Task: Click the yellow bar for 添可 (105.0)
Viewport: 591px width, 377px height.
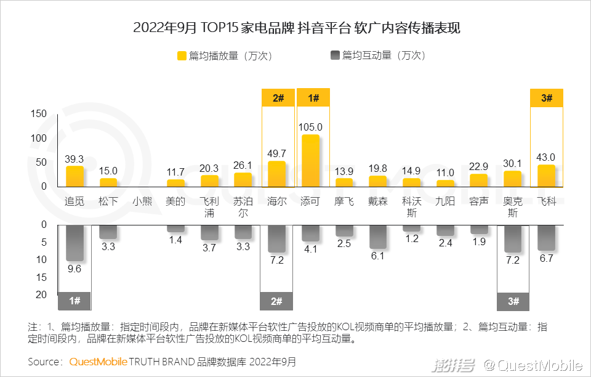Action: [x=310, y=161]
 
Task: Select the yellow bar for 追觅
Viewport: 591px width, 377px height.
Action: [x=74, y=176]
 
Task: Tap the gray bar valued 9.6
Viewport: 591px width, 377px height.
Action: [x=74, y=243]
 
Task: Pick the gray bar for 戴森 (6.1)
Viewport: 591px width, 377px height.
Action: [x=378, y=237]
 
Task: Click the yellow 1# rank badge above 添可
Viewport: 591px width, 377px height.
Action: [x=313, y=98]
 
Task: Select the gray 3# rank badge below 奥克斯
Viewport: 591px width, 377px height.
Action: [x=513, y=301]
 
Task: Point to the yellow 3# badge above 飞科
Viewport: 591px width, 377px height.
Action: [x=547, y=98]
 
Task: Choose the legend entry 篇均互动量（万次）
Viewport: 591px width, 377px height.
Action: [x=377, y=55]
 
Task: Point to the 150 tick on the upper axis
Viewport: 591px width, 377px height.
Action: [x=38, y=113]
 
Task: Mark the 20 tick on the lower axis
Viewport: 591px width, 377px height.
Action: [x=41, y=294]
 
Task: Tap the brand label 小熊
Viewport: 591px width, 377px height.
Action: [x=142, y=201]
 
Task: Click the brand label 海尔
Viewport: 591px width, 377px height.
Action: [x=277, y=201]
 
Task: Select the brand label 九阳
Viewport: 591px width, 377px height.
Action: [x=445, y=201]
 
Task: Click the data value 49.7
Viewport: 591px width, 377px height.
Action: [x=277, y=153]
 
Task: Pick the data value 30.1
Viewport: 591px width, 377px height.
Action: [x=513, y=163]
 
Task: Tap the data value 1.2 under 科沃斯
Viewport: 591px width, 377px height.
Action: [x=412, y=238]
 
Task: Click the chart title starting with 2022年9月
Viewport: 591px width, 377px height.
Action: [x=296, y=28]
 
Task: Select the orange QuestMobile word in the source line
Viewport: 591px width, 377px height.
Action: [x=98, y=362]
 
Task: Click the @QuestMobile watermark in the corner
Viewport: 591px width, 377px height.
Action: [x=532, y=366]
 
